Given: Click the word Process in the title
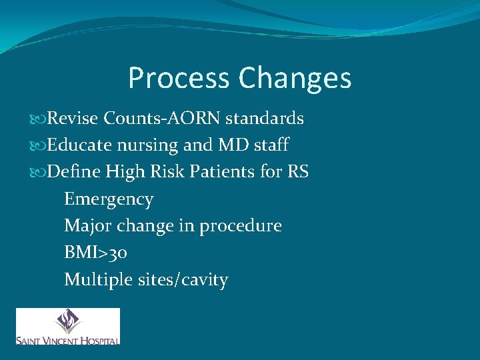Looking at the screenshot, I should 178,78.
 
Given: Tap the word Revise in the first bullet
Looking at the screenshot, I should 73,119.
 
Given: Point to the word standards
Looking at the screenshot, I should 265,119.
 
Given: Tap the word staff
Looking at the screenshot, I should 271,145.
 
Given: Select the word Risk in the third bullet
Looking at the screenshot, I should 165,172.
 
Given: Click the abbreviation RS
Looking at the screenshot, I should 298,172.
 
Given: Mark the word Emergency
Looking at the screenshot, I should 109,199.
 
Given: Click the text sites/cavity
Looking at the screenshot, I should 182,279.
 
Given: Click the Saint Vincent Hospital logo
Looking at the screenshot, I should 68,326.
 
